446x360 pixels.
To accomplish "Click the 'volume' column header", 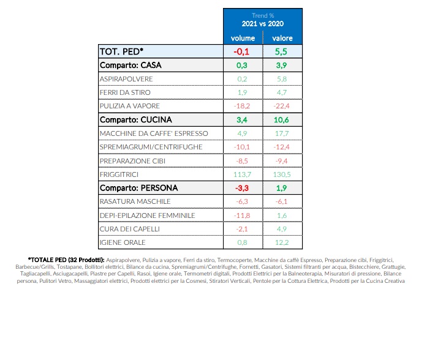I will point(242,38).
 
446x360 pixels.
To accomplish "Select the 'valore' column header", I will point(282,38).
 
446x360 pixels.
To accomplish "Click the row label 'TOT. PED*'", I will point(121,51).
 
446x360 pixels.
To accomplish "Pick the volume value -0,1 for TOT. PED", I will point(242,51).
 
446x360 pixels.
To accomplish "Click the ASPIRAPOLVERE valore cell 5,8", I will point(282,79).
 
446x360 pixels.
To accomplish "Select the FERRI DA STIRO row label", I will point(125,92).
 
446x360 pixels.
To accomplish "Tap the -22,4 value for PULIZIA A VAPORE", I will point(282,106).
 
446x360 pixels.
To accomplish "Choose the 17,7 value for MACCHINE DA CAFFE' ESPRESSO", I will point(282,133).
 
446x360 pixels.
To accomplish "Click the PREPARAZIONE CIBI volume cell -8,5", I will point(242,160).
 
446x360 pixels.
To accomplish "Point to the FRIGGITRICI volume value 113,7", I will point(242,174).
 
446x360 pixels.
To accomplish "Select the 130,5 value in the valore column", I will point(282,174).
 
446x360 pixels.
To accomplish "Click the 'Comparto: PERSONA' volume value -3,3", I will point(242,188).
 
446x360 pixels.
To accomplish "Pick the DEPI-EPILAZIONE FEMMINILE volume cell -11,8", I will point(242,215).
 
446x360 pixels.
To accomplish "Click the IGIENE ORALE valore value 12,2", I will point(282,242).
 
